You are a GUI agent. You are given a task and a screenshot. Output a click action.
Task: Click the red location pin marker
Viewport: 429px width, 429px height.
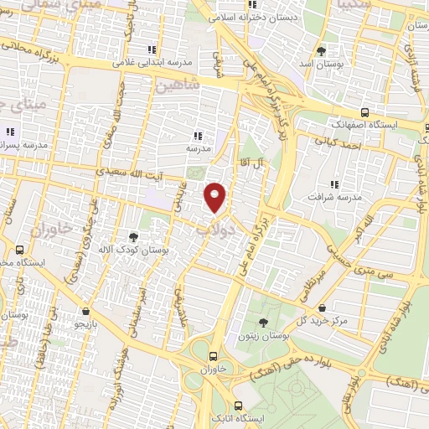coord(216,197)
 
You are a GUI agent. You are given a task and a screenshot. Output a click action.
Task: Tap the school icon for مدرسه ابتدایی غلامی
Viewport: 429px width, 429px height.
coord(152,49)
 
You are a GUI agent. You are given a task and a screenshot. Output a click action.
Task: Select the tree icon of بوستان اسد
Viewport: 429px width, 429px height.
coord(323,49)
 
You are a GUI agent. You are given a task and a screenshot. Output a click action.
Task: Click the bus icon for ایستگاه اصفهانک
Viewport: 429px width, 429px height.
coord(364,111)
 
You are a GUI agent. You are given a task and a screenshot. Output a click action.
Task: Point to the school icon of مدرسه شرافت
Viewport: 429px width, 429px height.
coord(335,183)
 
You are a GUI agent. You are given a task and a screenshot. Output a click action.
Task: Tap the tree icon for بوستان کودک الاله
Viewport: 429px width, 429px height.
coord(133,237)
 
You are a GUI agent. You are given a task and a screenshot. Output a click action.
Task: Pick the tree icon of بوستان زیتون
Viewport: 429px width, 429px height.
coord(263,323)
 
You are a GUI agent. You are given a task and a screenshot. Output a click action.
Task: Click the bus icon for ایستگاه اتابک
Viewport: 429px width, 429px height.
coord(239,403)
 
